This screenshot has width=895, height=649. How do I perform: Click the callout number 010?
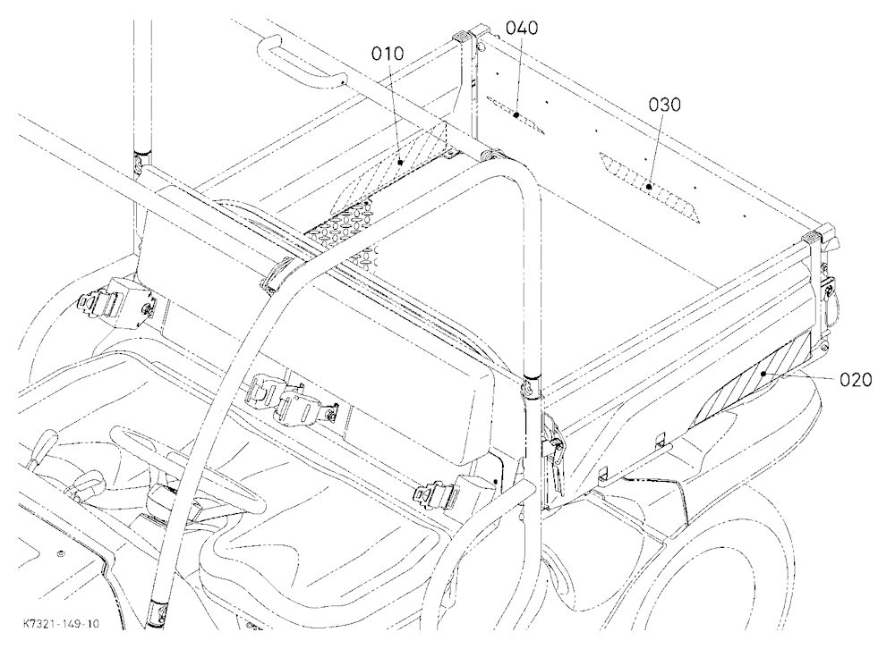(388, 54)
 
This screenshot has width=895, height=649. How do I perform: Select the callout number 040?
(522, 28)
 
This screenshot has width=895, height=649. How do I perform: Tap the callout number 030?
(665, 105)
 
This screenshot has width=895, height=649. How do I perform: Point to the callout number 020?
(856, 380)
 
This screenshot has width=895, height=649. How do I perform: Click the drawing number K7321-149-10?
(61, 623)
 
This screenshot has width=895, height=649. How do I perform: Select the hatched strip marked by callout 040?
(516, 114)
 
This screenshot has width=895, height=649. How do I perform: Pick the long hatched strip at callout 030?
(649, 187)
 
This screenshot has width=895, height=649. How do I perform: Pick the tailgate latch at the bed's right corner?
(828, 291)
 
